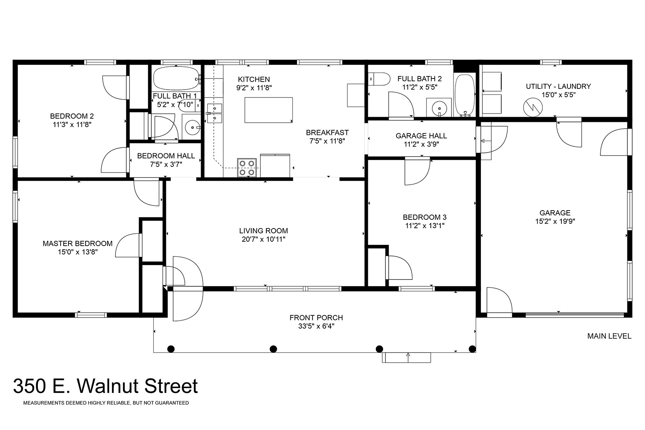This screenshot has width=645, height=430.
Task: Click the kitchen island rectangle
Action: [x=269, y=110]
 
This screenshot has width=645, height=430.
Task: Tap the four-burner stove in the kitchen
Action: [x=247, y=168]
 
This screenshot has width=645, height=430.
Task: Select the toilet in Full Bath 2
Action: [x=379, y=79]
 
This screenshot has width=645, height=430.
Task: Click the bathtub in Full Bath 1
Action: [x=177, y=78]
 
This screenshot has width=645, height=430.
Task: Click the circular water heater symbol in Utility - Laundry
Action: [x=533, y=107]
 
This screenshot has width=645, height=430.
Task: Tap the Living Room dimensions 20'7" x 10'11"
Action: [x=264, y=239]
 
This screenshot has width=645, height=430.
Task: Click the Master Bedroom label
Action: [x=78, y=243]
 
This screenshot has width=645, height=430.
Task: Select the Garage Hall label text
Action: [x=421, y=136]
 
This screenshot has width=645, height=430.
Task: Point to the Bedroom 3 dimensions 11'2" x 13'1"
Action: [x=425, y=226]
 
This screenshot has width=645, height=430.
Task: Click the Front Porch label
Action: [x=316, y=318]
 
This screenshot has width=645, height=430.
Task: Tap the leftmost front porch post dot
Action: [x=171, y=349]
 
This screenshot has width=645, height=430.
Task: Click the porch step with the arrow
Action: [x=407, y=358]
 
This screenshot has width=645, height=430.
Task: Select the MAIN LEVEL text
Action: [x=609, y=336]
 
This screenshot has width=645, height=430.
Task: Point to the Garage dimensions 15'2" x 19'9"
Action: [x=555, y=221]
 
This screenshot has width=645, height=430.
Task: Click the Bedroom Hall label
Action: [x=166, y=156]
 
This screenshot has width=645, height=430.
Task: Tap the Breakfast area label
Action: [x=327, y=133]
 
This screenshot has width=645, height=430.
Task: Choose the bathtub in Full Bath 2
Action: [x=465, y=95]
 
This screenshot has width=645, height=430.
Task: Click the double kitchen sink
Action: [x=215, y=113]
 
